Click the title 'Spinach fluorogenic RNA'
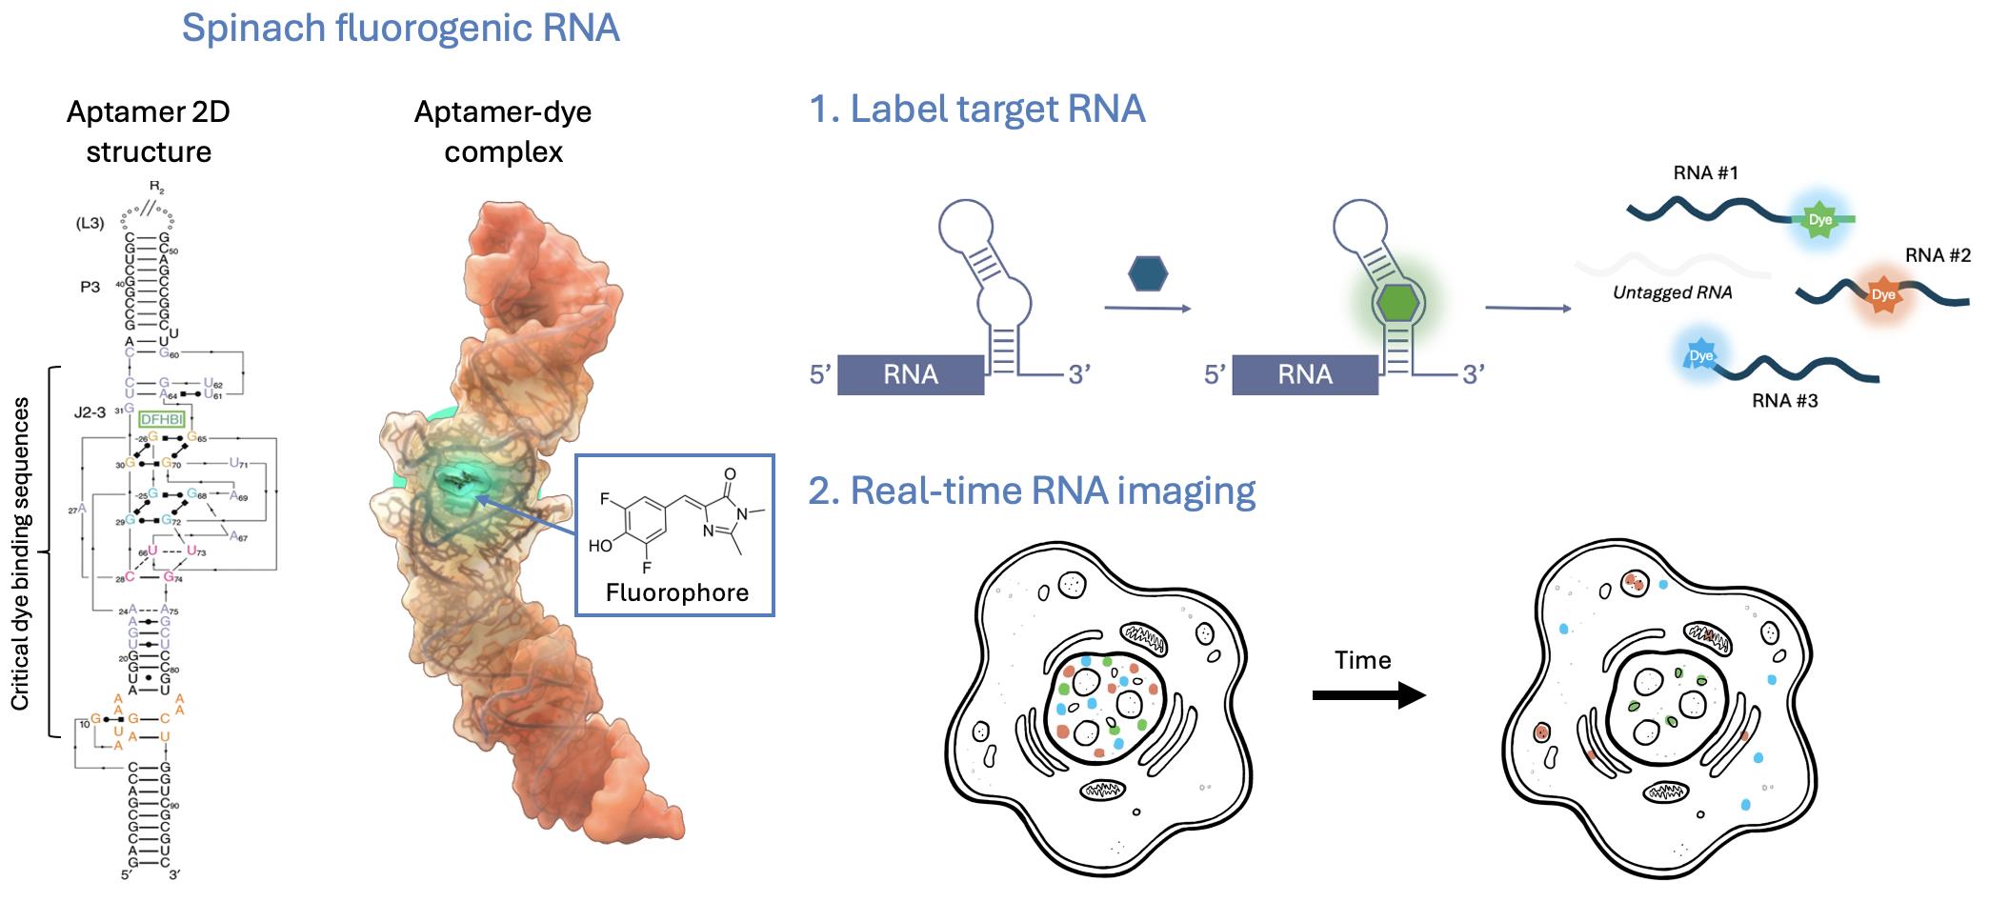[x=400, y=29]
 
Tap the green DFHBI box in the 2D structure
[x=161, y=419]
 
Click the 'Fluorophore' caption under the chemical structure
[x=676, y=592]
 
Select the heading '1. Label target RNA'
[x=976, y=110]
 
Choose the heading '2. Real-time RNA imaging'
[x=1032, y=491]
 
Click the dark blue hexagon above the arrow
[x=1147, y=273]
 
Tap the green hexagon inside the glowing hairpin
[x=1397, y=302]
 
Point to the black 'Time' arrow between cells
[x=1368, y=694]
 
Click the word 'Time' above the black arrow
[x=1362, y=660]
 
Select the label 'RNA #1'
[x=1705, y=173]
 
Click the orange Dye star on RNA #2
[x=1882, y=294]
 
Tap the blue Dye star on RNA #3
[x=1700, y=356]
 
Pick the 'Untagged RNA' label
[x=1672, y=292]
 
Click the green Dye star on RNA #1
[x=1819, y=220]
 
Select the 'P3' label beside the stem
[x=90, y=287]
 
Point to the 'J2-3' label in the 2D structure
[x=90, y=412]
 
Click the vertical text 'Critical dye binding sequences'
[x=20, y=553]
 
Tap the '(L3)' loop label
[x=90, y=223]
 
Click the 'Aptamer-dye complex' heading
[x=503, y=131]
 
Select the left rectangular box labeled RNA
[x=910, y=374]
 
